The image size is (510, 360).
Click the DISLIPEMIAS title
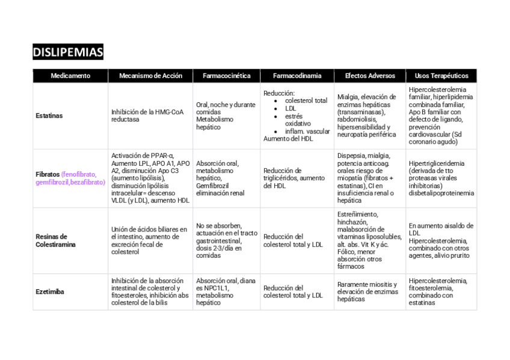(x=68, y=52)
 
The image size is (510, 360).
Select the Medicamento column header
(x=70, y=76)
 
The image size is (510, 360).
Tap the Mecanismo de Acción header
(x=150, y=76)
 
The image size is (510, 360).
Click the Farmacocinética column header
(x=226, y=76)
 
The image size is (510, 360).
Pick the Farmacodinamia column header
(x=296, y=76)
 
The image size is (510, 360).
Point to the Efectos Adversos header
(x=370, y=76)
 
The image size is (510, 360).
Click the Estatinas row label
(x=49, y=115)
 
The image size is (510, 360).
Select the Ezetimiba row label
(x=50, y=292)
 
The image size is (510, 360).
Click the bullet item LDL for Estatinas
(x=290, y=109)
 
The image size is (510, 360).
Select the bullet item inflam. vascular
(x=307, y=131)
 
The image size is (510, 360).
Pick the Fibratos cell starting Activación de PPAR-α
(x=150, y=178)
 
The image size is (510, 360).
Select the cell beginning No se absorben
(x=226, y=240)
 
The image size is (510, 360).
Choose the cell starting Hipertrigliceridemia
(x=441, y=178)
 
